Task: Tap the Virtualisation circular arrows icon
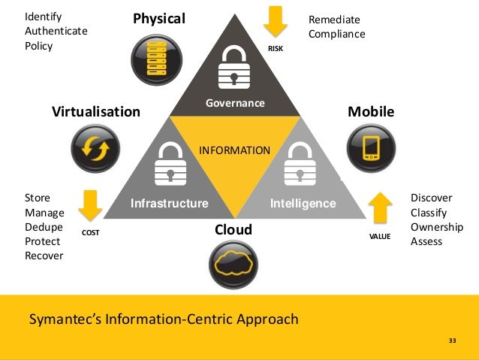(95, 149)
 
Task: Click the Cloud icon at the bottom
(233, 264)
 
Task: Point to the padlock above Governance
(234, 71)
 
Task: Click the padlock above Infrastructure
(170, 165)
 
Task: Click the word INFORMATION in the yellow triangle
(234, 150)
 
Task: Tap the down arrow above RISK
(276, 23)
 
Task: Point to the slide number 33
(452, 342)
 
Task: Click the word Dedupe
(44, 227)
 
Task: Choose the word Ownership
(437, 227)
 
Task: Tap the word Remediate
(335, 20)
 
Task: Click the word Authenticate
(56, 31)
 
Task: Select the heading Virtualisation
(95, 113)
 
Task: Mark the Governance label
(235, 102)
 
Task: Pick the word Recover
(44, 256)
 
